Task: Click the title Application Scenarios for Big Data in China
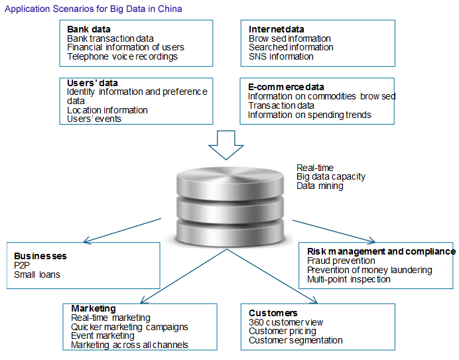click(94, 9)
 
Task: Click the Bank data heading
click(89, 29)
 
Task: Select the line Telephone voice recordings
click(122, 57)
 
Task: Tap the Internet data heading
click(277, 29)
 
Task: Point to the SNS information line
click(281, 57)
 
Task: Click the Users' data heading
click(93, 82)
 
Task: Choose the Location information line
click(107, 110)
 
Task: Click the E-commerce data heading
click(286, 87)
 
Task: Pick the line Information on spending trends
click(310, 115)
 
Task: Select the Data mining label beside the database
click(320, 186)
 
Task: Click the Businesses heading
click(40, 256)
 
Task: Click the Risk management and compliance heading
click(381, 251)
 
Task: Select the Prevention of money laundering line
click(369, 270)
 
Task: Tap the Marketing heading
click(93, 308)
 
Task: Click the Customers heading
click(273, 313)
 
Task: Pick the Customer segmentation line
click(296, 340)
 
